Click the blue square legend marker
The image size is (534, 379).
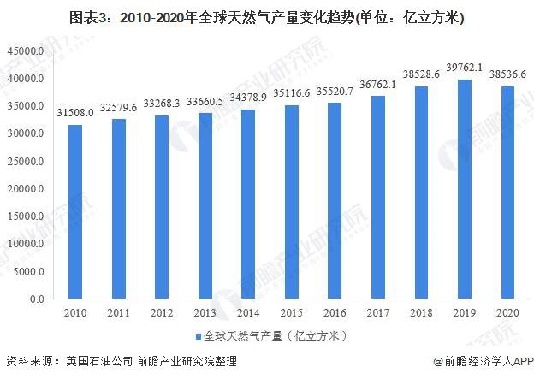click(198, 335)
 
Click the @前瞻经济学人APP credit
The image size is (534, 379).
click(481, 363)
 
